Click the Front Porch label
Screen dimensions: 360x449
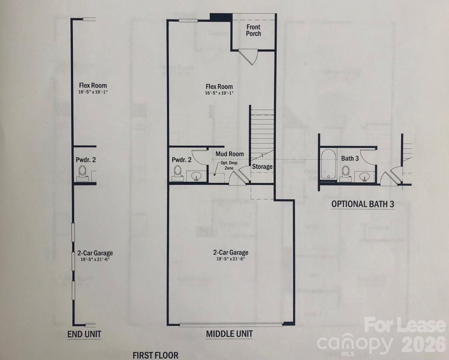point(253,30)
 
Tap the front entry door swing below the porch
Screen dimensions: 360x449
point(250,57)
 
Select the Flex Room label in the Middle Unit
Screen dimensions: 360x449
point(219,87)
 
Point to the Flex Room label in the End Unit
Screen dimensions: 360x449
point(93,85)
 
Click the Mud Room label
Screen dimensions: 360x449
point(230,154)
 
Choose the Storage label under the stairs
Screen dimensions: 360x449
point(262,167)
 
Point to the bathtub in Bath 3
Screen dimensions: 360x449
point(328,164)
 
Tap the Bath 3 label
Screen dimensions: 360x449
point(350,158)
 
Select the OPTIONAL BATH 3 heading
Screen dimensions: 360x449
point(362,204)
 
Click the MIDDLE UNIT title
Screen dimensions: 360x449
point(229,334)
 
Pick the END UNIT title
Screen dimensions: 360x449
point(84,334)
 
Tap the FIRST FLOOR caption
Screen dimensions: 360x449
point(155,355)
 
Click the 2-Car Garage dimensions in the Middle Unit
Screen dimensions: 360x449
point(230,259)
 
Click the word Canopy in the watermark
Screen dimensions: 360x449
point(355,343)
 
